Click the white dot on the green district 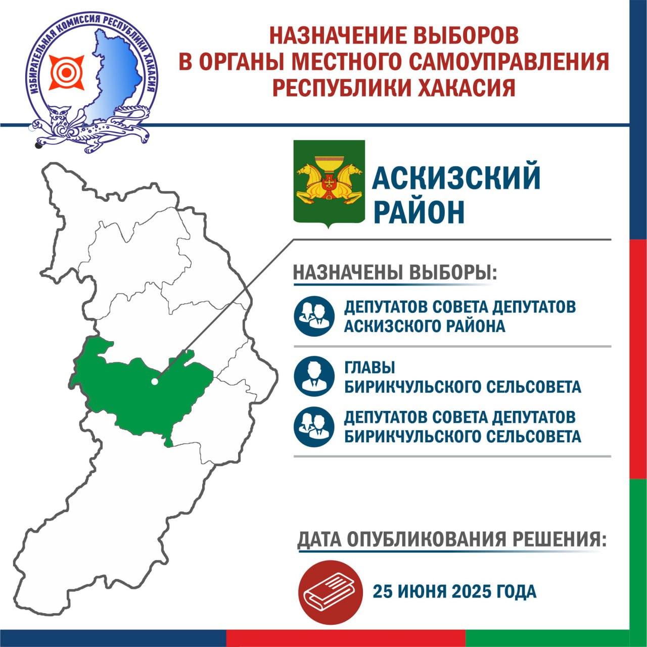155,382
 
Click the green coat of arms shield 329,183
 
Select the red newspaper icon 330,592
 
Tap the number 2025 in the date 472,591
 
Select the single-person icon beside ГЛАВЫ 314,376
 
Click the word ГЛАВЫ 369,367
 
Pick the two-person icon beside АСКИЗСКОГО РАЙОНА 314,316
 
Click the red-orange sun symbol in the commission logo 67,72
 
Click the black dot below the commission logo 38,145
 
